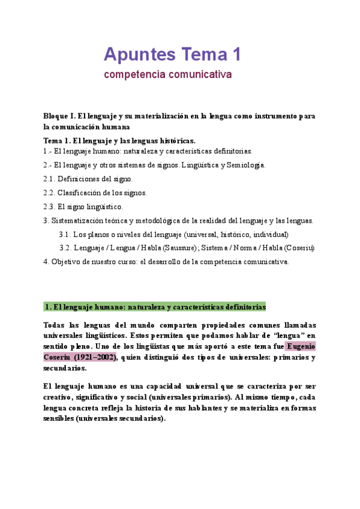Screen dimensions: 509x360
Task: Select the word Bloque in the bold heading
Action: (57, 116)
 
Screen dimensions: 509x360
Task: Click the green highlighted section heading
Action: (155, 307)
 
